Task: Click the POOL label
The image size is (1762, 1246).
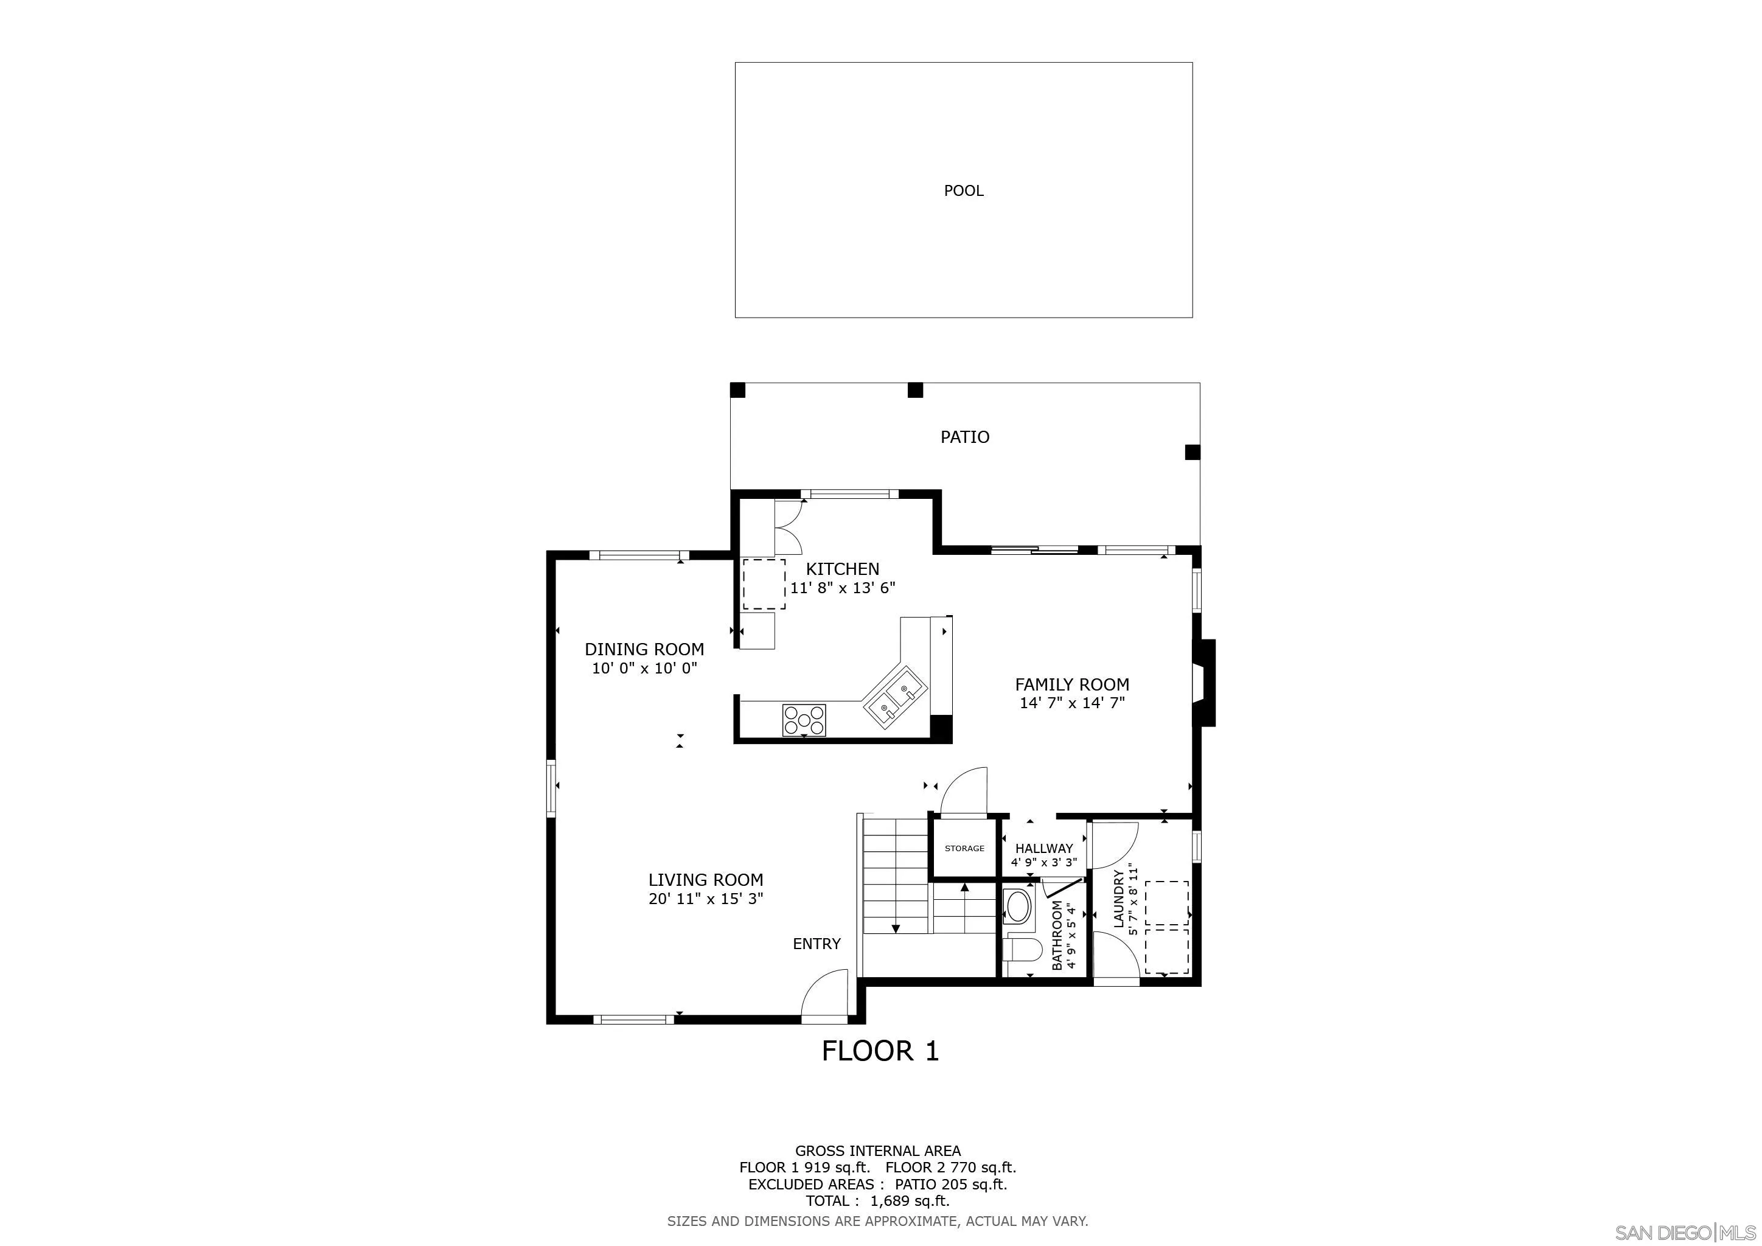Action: coord(963,191)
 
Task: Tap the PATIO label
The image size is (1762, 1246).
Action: coord(964,437)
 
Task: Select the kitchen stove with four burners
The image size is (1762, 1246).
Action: coord(804,720)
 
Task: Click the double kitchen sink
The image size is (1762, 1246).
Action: coord(896,699)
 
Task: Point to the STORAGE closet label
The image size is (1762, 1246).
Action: coord(964,849)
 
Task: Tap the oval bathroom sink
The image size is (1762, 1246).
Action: coord(1019,906)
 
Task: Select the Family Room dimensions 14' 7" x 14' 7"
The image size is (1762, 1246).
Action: coord(1071,703)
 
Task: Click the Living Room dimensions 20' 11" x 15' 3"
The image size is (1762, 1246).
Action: coord(705,899)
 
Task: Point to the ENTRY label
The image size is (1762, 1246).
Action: coord(817,944)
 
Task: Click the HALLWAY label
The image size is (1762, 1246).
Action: coord(1043,849)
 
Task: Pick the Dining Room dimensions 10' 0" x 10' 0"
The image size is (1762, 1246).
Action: coord(644,668)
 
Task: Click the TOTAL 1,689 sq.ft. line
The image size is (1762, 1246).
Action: coord(877,1202)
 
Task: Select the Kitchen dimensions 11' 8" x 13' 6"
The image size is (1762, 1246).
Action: coord(843,588)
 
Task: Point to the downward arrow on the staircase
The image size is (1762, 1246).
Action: coord(895,929)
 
